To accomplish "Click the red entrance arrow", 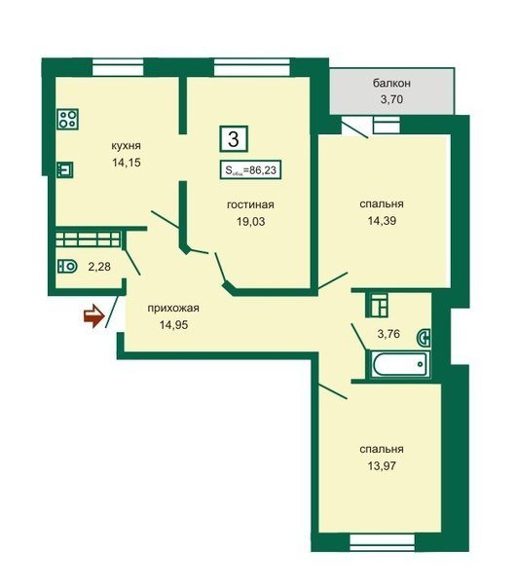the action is [x=93, y=316].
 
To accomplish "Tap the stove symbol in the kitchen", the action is [x=68, y=119].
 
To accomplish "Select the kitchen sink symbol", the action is [x=65, y=169].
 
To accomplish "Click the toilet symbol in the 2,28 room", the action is [x=67, y=267].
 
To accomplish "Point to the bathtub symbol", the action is [x=401, y=363].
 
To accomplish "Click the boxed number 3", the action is [x=234, y=139].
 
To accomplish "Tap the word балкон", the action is [x=391, y=84].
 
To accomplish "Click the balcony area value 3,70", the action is [x=391, y=99].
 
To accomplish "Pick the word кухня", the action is [x=126, y=145].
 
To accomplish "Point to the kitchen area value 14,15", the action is [x=127, y=163].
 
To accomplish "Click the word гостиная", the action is [x=250, y=204].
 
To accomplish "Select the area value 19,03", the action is [x=250, y=221].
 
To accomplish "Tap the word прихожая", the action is [x=173, y=309].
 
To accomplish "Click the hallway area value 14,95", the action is [x=173, y=325].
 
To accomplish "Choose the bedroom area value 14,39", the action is [x=382, y=220].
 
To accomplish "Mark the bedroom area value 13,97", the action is [x=382, y=465].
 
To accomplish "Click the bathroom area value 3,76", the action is [x=388, y=333].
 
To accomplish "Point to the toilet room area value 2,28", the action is [x=99, y=267].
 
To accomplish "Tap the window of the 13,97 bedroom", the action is [x=383, y=542].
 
